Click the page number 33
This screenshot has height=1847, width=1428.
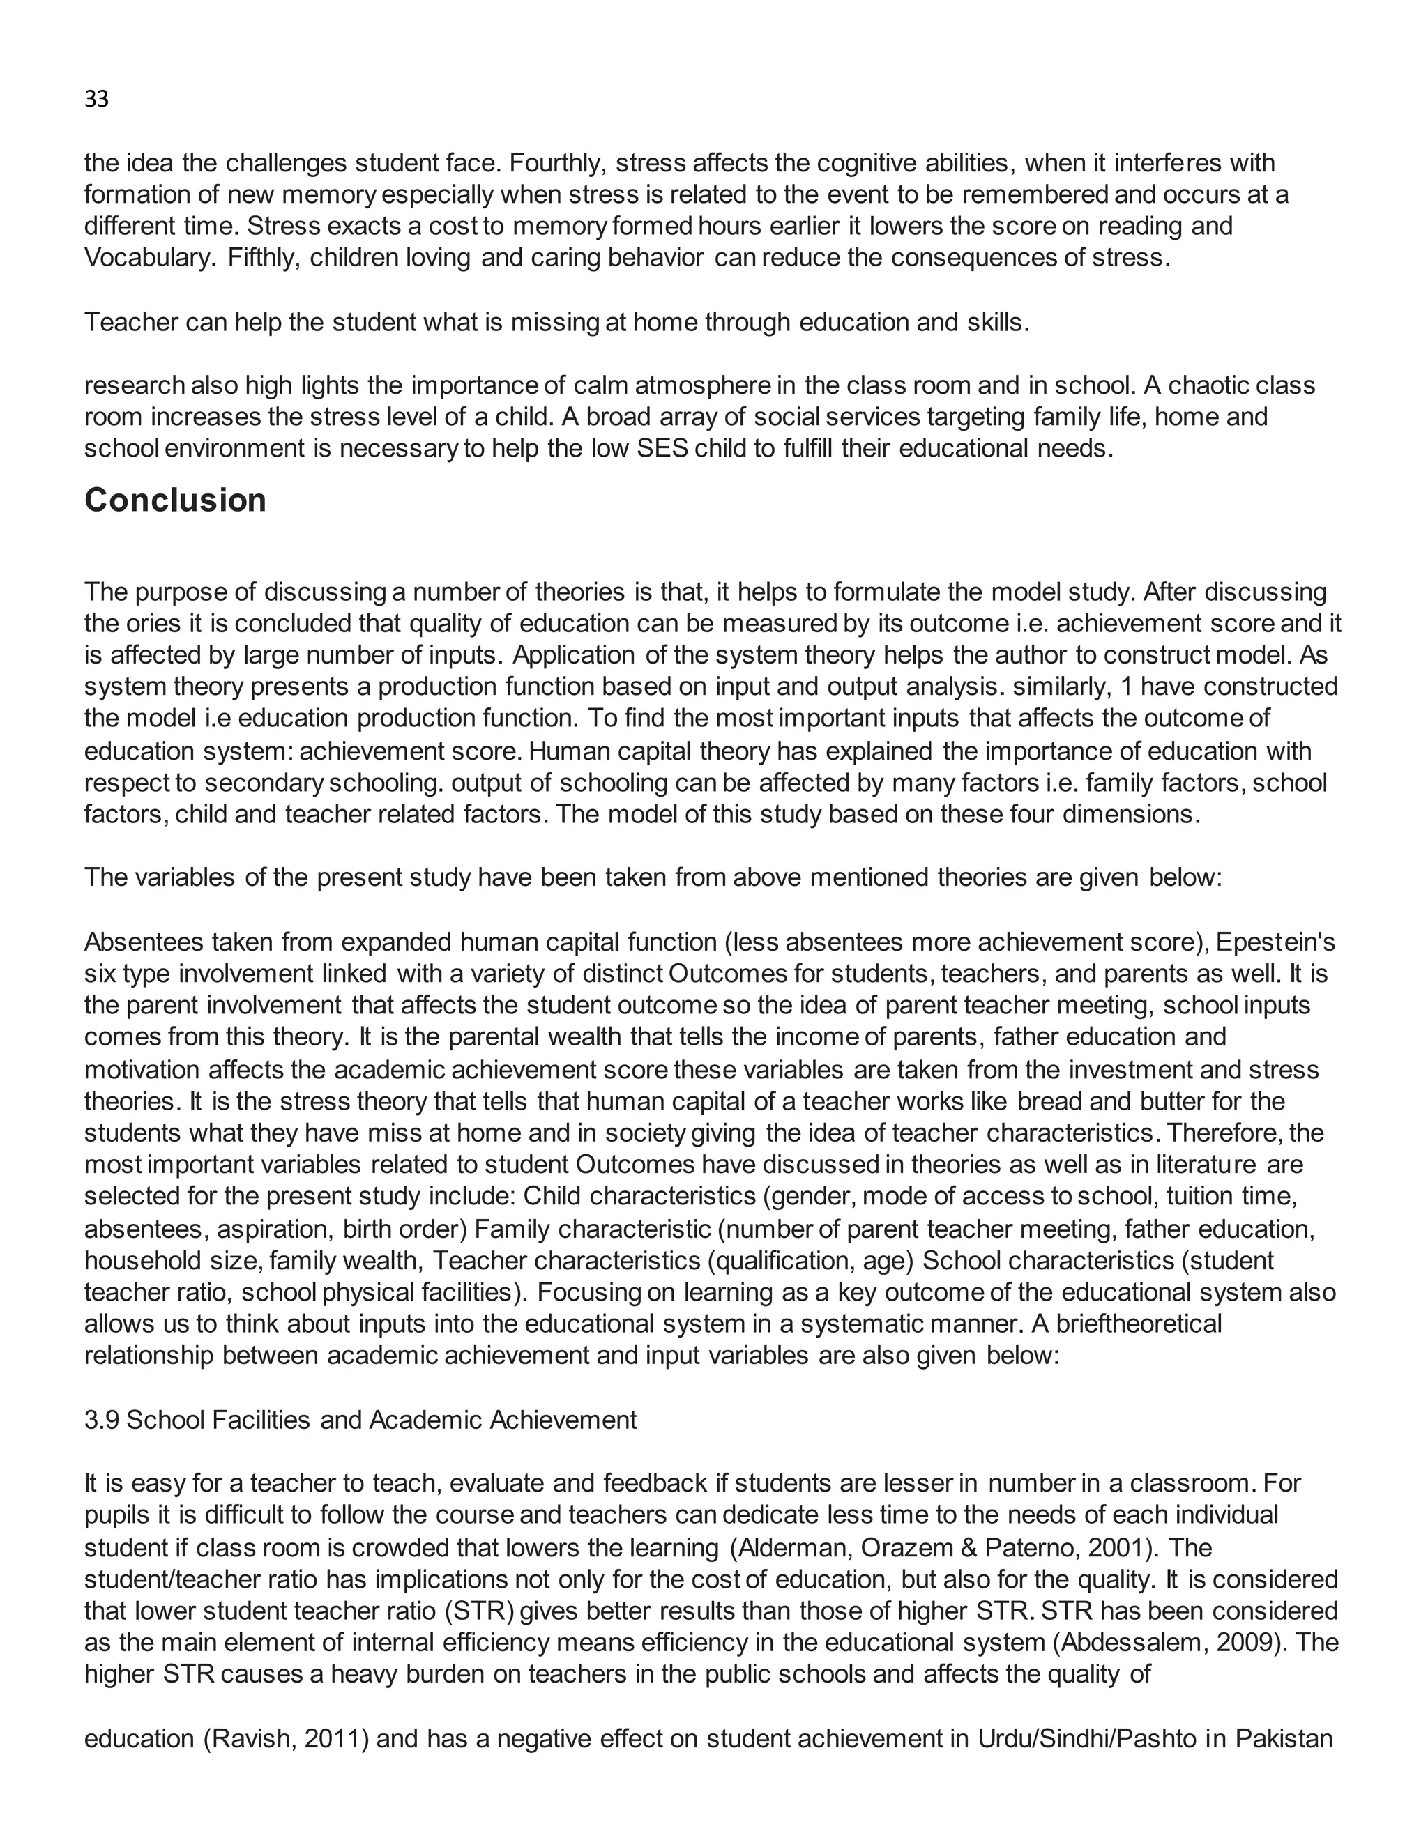(96, 100)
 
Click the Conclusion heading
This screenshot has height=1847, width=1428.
(175, 500)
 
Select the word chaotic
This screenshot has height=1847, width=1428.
(1210, 385)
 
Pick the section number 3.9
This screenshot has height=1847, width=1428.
(102, 1420)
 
